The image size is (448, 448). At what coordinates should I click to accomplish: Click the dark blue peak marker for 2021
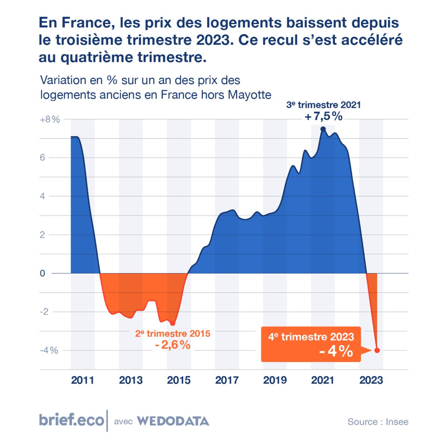(x=323, y=129)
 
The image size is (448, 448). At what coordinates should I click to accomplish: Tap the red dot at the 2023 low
(x=377, y=350)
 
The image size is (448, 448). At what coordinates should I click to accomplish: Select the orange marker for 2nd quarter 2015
(x=172, y=323)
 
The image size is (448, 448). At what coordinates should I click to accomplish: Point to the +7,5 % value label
(x=323, y=116)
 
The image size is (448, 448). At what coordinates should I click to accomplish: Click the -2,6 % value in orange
(x=172, y=345)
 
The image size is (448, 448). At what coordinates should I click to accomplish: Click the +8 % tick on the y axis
(x=50, y=119)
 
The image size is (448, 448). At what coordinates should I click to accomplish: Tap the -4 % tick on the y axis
(x=49, y=351)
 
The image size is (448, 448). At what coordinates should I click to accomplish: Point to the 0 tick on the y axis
(x=43, y=273)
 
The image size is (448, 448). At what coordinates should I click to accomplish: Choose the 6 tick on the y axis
(x=43, y=158)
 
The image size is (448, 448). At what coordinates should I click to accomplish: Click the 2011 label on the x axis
(x=83, y=380)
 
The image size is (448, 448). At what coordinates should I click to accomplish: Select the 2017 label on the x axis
(x=227, y=380)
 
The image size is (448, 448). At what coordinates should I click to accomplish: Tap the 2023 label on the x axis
(x=371, y=380)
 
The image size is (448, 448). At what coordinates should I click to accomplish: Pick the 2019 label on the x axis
(x=275, y=380)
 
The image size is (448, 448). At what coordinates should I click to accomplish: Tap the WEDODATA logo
(x=173, y=421)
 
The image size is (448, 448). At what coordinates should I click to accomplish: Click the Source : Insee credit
(x=378, y=422)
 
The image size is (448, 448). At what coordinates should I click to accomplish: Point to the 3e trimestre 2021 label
(x=323, y=105)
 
